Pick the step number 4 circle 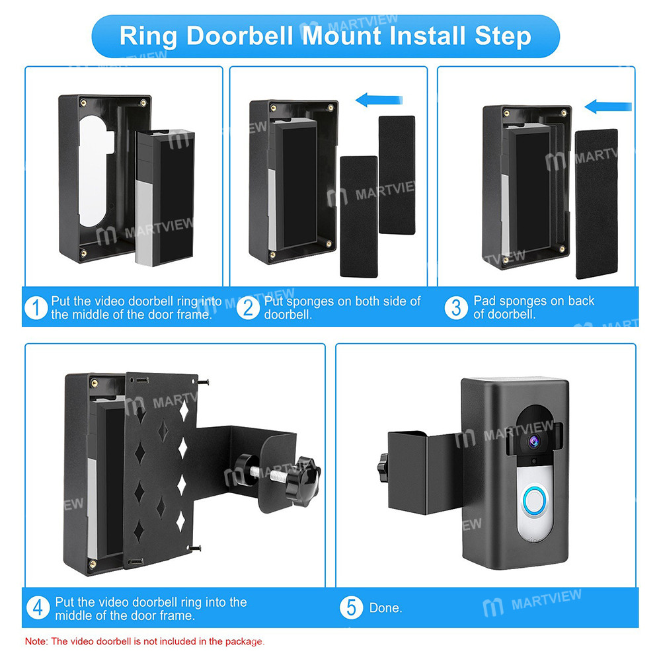click(x=39, y=608)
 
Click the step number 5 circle click(x=351, y=607)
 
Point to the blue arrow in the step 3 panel click(x=609, y=106)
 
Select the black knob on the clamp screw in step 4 click(x=307, y=472)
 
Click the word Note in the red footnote click(x=36, y=641)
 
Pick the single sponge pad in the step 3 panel click(x=596, y=203)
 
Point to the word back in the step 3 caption click(x=580, y=301)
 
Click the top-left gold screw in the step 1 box click(x=83, y=102)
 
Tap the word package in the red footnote click(x=244, y=641)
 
